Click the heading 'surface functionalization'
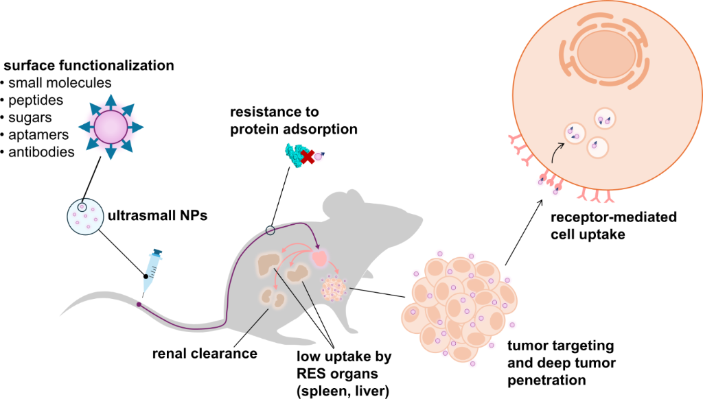(89, 66)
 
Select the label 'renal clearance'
(205, 354)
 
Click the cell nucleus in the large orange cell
(604, 52)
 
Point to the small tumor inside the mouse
(334, 288)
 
